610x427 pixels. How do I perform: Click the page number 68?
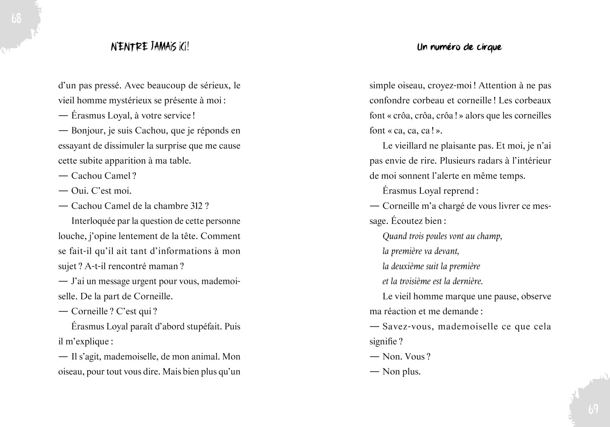(x=16, y=19)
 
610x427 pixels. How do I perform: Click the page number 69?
(x=593, y=409)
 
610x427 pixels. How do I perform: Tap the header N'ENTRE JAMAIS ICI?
(x=150, y=47)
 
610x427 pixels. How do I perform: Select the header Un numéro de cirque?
(x=459, y=47)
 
